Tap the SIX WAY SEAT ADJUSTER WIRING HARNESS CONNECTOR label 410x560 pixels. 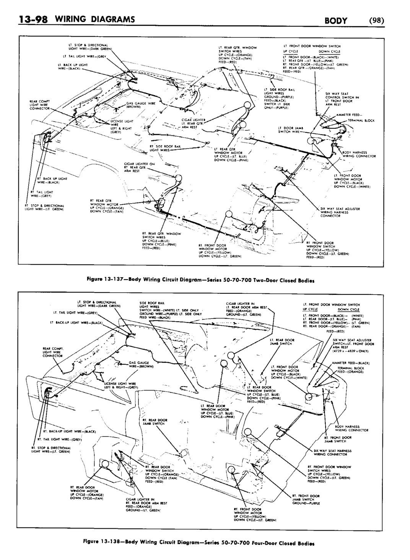click(x=336, y=212)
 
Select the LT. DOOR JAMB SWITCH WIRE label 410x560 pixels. click(x=291, y=130)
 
